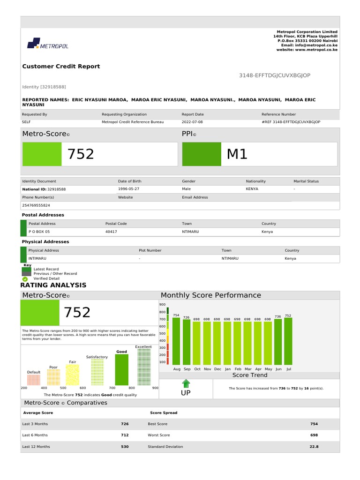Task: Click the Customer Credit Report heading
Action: [61, 67]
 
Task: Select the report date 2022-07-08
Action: [193, 122]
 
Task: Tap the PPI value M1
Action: [237, 154]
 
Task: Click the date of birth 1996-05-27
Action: [128, 188]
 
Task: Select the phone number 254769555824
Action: [36, 205]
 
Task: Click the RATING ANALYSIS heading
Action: [53, 285]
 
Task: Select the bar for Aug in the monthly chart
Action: [176, 341]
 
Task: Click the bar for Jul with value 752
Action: [288, 341]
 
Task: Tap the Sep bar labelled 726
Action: [187, 342]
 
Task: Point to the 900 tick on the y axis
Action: [163, 305]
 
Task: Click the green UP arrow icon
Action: [186, 384]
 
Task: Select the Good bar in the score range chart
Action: [121, 369]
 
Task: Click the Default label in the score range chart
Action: [34, 372]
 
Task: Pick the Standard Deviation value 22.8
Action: [314, 447]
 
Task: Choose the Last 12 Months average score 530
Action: [125, 447]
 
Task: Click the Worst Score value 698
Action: [314, 435]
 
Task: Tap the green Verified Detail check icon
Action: [25, 278]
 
